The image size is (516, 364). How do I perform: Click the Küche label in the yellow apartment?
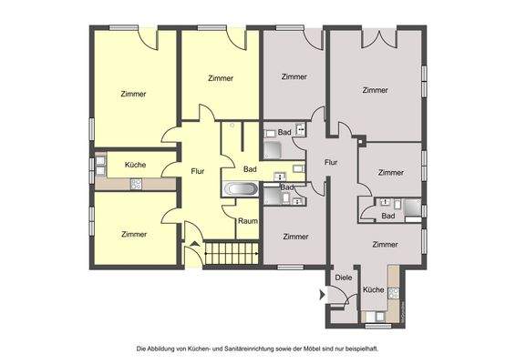coord(134,165)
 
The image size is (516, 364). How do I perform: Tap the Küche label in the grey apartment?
coord(374,289)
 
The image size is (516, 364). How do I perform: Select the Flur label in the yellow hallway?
coord(198,170)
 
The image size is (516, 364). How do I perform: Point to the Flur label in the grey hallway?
coord(330,162)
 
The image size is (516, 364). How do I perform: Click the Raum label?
coord(246,221)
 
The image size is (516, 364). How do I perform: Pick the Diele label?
coord(344,278)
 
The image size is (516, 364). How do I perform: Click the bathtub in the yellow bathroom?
coord(242,190)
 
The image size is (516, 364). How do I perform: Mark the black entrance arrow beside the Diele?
coord(322,294)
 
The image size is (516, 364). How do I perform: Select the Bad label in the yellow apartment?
coord(250,168)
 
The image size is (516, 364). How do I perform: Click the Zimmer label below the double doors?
coord(375,90)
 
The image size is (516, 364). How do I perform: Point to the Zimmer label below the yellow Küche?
coord(134,234)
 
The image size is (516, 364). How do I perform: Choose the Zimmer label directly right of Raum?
coord(294,237)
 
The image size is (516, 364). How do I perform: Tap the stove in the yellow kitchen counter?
coord(137,184)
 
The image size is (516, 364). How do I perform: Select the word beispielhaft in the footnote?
coord(359,349)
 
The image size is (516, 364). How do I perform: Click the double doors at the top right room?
coord(377,38)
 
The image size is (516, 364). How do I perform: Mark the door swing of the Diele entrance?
coord(339,296)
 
